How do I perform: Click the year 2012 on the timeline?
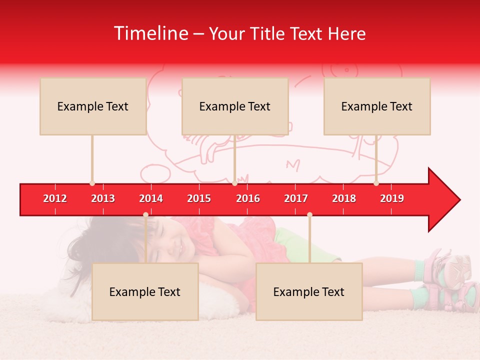55,198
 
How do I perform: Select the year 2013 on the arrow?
103,198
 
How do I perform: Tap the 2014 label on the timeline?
151,198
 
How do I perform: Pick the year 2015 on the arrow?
199,198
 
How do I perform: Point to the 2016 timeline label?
248,198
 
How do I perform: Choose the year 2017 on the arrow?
296,198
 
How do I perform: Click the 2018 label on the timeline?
344,198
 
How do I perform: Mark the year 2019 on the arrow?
392,198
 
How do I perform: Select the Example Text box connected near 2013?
93,106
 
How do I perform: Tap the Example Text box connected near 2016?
235,106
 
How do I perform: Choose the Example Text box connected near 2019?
377,106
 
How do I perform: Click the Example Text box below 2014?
145,292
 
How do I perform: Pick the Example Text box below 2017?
309,292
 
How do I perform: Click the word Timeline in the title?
150,33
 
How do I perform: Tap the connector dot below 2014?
145,214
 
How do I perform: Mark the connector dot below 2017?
309,214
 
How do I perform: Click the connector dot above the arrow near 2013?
92,183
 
